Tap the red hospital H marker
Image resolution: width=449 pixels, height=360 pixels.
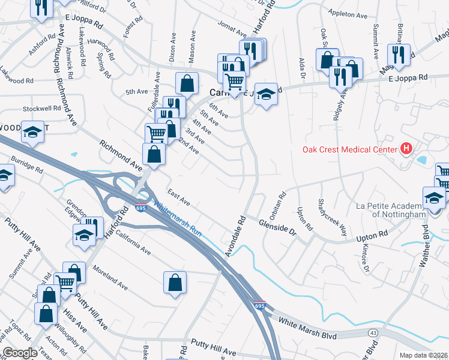pyautogui.click(x=406, y=149)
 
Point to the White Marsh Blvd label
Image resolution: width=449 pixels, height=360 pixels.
pyautogui.click(x=307, y=330)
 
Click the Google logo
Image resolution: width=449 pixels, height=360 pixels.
pyautogui.click(x=20, y=353)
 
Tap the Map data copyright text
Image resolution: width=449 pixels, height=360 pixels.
pyautogui.click(x=424, y=355)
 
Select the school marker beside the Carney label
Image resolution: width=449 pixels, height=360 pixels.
pyautogui.click(x=266, y=94)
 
